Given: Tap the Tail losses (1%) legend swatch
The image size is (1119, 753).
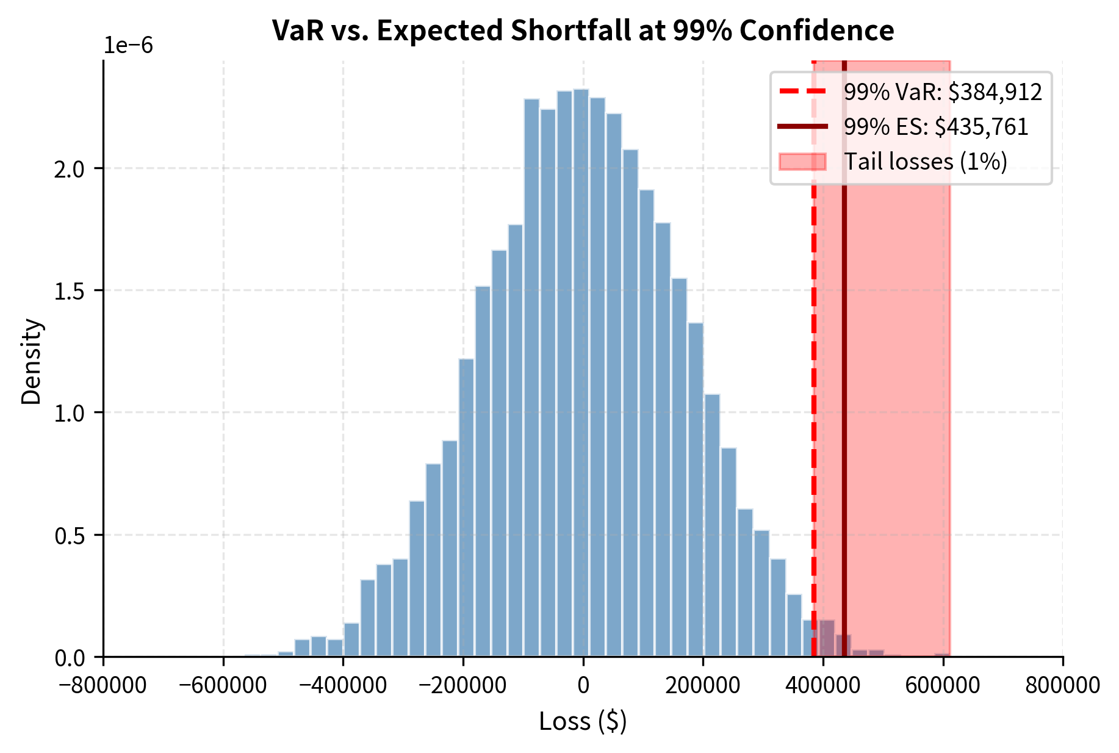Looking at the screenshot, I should (802, 162).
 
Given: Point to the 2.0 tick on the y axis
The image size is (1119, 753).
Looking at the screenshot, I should (69, 168).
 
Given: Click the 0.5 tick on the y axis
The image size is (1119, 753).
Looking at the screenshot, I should (69, 535).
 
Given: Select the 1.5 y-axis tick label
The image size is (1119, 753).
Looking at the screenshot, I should (69, 290).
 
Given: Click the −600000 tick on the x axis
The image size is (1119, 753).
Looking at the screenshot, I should (223, 685).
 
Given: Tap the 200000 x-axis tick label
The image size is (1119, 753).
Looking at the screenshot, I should (703, 685).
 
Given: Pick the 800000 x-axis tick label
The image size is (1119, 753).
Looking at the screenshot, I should (1062, 685).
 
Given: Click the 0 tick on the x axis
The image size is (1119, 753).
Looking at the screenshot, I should (583, 685).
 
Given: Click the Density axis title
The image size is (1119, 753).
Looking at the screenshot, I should (32, 361).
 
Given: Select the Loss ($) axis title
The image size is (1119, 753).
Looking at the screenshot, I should (583, 721).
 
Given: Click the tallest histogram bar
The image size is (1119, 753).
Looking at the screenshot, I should (581, 366).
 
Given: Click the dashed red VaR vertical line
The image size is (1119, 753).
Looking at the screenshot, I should (814, 366).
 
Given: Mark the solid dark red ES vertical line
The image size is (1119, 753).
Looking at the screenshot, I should (844, 366).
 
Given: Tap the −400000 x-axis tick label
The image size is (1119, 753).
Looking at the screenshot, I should (343, 685).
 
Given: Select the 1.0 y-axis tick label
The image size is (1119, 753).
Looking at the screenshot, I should (69, 413).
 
